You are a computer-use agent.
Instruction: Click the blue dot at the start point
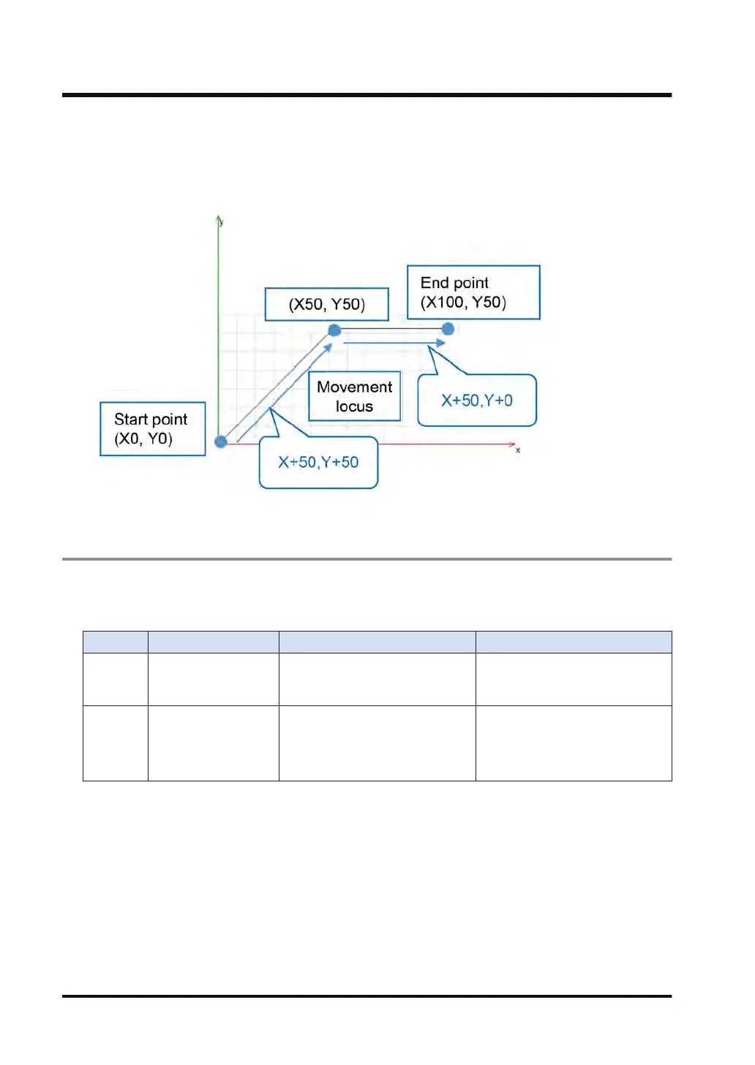click(x=221, y=441)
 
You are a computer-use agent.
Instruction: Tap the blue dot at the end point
click(x=448, y=329)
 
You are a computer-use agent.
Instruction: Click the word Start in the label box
click(x=131, y=420)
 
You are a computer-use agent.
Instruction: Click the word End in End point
click(x=434, y=283)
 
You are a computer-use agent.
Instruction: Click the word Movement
click(x=355, y=387)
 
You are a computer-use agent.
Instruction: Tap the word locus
click(x=355, y=406)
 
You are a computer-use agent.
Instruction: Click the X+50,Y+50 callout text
click(x=318, y=462)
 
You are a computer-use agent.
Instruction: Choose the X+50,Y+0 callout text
click(x=477, y=401)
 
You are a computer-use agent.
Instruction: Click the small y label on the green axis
click(x=221, y=221)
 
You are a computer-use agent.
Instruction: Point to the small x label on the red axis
click(x=518, y=450)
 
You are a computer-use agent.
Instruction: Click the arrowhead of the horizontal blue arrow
click(x=440, y=342)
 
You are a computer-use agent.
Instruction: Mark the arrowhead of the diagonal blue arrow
click(x=328, y=348)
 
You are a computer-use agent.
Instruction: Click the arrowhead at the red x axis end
click(x=512, y=444)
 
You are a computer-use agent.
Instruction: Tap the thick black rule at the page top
click(x=367, y=95)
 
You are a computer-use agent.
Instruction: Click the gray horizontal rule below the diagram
click(x=367, y=559)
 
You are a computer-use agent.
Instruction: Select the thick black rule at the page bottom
click(x=367, y=996)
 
